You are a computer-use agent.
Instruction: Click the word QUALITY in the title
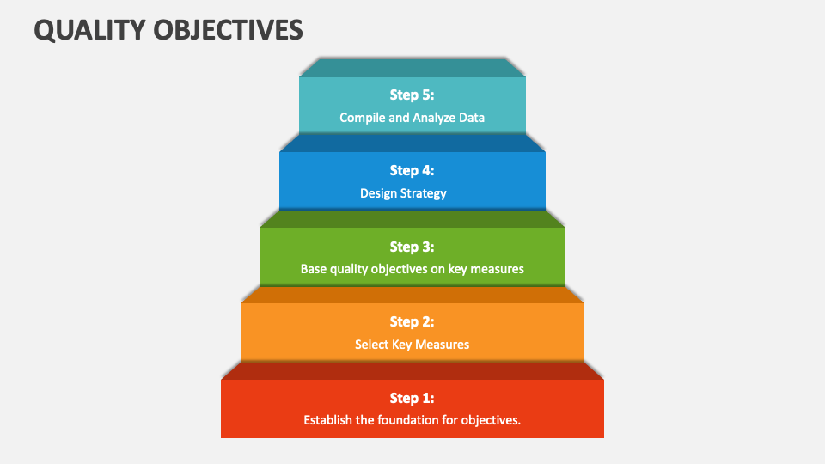(x=89, y=29)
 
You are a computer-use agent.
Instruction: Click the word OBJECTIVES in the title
(x=229, y=29)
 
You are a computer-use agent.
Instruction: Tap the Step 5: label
(x=412, y=95)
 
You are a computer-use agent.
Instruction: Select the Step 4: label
(x=412, y=170)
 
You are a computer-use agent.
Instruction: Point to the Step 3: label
(x=412, y=247)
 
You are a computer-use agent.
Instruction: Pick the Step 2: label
(x=412, y=321)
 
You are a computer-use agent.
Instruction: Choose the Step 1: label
(x=412, y=398)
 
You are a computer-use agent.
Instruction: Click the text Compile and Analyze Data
(x=412, y=118)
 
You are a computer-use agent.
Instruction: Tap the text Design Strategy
(x=403, y=193)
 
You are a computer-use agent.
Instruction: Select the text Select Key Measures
(x=412, y=345)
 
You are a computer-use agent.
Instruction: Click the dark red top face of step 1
(x=412, y=370)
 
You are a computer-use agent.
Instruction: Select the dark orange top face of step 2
(x=412, y=295)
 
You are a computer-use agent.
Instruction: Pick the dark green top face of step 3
(x=412, y=219)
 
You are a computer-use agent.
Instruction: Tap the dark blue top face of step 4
(x=412, y=143)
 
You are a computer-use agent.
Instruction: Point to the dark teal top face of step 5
(x=412, y=68)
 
